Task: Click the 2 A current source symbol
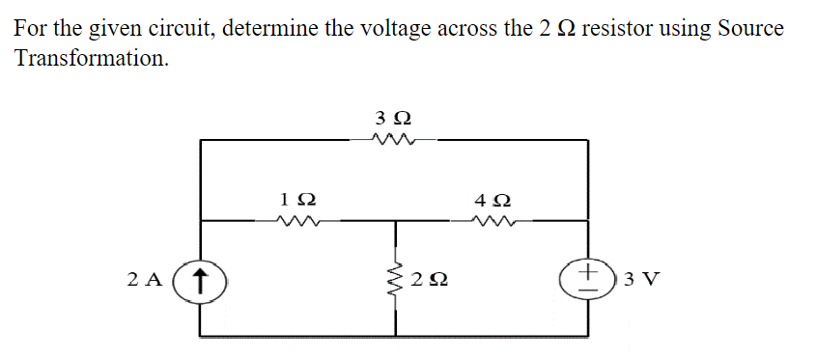[200, 281]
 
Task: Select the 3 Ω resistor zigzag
[393, 141]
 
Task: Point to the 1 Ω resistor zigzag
[296, 221]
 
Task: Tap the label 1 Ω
[296, 200]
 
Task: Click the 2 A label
[145, 281]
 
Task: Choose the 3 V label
[642, 281]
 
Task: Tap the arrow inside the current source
[200, 281]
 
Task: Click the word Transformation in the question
[90, 59]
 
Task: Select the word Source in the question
[749, 28]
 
